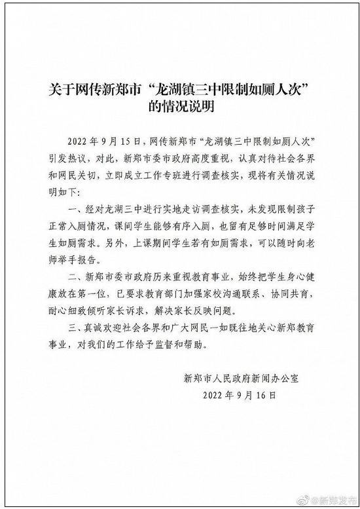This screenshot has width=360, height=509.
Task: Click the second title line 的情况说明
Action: [180, 106]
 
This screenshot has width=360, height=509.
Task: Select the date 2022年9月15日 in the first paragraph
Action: [107, 141]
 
